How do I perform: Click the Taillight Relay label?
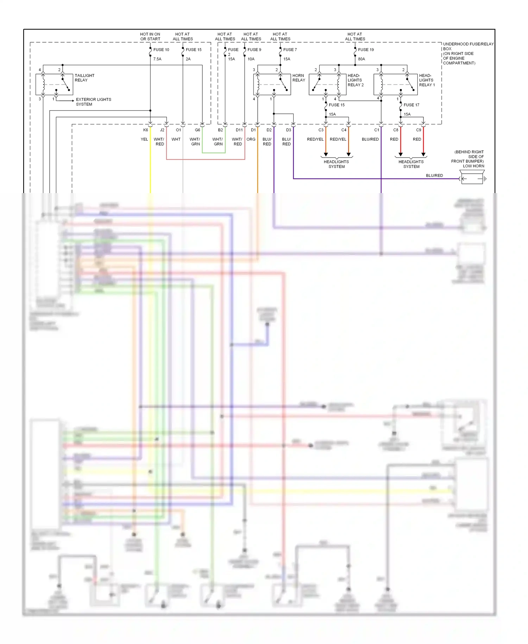pos(84,78)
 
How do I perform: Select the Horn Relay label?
pos(298,78)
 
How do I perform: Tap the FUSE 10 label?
pos(161,50)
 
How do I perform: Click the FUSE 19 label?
pos(366,50)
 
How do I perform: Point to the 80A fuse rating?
pos(362,59)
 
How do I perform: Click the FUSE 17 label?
pos(411,105)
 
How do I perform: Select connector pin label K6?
pos(145,130)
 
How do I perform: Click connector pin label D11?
pos(239,130)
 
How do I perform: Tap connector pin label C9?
pos(418,130)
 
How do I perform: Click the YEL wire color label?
pos(144,140)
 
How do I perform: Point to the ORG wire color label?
pos(251,140)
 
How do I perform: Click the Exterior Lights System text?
pos(93,102)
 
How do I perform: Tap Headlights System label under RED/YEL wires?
pos(336,164)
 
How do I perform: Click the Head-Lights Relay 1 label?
pos(427,80)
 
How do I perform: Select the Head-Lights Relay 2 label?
pos(355,80)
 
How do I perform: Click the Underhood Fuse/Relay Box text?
pos(468,54)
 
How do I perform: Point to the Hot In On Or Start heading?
pos(150,37)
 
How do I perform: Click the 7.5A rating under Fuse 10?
pos(157,59)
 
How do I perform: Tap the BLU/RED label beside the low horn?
pos(434,175)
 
